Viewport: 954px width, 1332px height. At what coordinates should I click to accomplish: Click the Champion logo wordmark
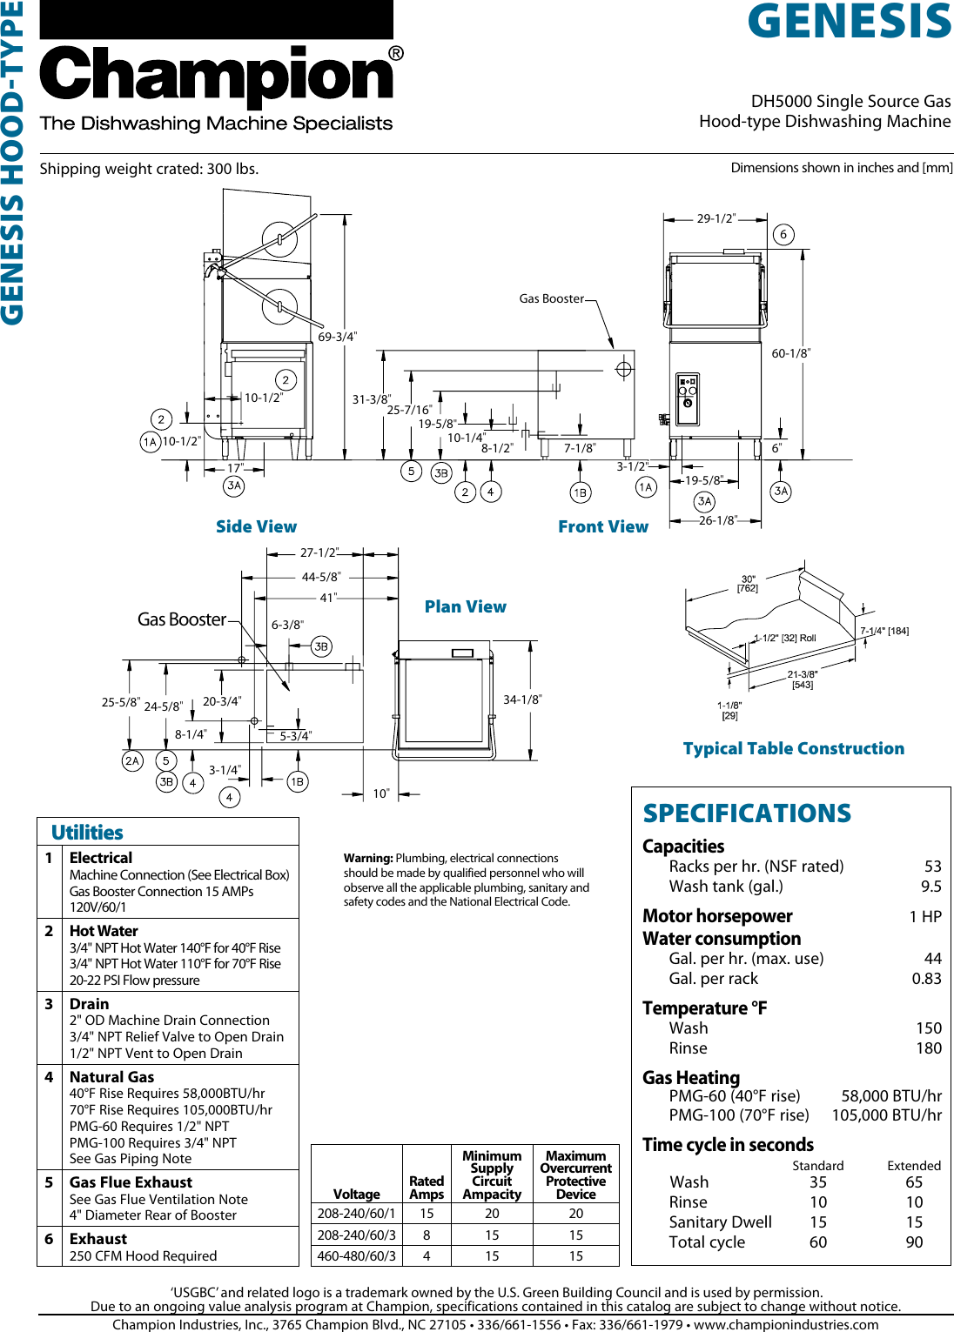218,77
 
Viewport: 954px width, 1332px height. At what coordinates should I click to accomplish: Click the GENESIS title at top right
849,22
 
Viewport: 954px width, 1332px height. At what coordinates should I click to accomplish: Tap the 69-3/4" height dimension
337,337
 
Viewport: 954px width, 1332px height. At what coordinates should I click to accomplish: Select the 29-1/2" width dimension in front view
715,218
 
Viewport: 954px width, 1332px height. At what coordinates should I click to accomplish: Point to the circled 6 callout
783,234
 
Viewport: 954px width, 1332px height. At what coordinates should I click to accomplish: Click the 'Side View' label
256,526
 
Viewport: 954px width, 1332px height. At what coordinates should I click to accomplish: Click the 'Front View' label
602,526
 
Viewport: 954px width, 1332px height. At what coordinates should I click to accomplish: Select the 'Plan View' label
465,606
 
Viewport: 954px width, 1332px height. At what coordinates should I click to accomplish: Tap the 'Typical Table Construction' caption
793,748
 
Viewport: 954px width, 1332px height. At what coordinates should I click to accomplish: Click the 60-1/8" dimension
790,353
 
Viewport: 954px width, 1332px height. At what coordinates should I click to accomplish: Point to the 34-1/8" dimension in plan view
522,699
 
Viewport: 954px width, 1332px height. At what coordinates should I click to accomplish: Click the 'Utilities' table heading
87,833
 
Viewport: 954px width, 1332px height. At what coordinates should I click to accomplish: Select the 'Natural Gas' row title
111,1077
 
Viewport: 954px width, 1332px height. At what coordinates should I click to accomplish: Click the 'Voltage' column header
356,1195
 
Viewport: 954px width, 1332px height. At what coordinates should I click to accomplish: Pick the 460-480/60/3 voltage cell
356,1256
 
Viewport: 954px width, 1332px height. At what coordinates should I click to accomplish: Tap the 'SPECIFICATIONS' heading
747,813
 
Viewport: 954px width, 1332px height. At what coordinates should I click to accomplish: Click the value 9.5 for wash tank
930,887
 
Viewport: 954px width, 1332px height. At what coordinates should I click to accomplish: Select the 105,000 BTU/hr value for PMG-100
886,1115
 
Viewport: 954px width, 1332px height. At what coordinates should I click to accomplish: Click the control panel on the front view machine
688,396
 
